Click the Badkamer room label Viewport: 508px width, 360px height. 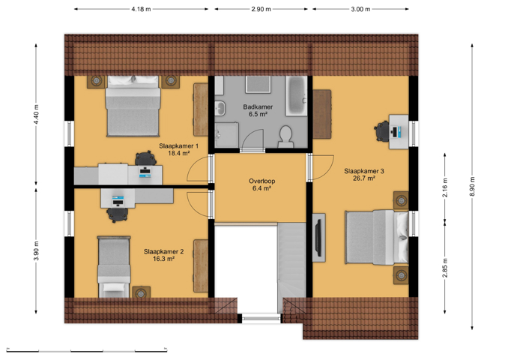coord(258,106)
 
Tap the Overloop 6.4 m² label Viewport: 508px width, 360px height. coord(261,184)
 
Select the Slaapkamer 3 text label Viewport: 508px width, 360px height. coord(364,171)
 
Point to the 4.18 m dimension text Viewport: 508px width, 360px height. coord(141,9)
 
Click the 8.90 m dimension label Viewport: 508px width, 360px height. coord(472,187)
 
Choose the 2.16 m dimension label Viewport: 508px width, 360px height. coord(445,187)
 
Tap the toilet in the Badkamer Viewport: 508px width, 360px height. coord(285,136)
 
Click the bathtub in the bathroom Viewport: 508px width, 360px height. coord(296,96)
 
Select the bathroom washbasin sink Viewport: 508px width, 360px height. coord(220,108)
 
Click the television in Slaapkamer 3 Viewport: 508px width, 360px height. coord(318,238)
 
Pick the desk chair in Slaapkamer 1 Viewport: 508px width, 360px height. coord(145,158)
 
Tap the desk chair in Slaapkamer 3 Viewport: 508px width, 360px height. coord(382,131)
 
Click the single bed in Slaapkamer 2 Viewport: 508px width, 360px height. coord(114,266)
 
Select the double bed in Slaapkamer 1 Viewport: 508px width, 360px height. coord(133,106)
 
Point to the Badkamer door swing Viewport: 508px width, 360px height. coord(253,139)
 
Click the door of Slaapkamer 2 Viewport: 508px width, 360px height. coord(199,204)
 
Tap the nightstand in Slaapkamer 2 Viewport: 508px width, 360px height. coord(141,292)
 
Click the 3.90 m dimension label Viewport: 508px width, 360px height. coord(36,250)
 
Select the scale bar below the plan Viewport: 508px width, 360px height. coord(86,350)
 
